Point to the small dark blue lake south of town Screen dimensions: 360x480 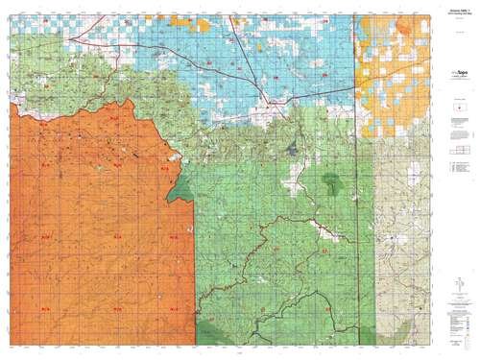point(289,148)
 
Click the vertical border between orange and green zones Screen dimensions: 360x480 point(195,259)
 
